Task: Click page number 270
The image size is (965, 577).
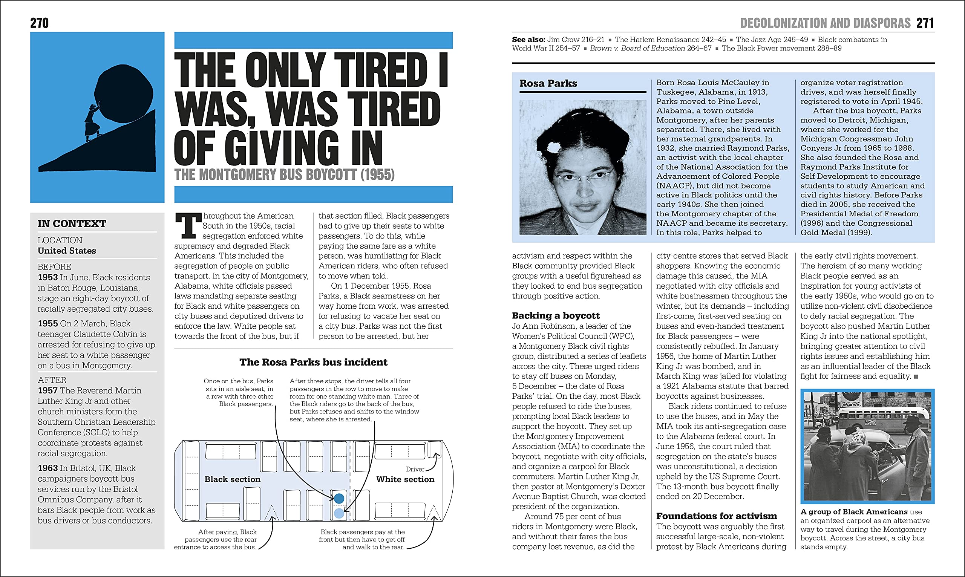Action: coord(39,23)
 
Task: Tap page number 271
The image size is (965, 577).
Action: coord(925,23)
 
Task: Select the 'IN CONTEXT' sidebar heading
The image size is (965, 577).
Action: coord(72,223)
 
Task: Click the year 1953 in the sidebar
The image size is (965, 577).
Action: coord(48,277)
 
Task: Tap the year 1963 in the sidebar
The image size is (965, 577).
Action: coord(48,468)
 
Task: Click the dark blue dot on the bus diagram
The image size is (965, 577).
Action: coord(339,498)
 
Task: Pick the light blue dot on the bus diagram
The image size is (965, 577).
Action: coord(339,513)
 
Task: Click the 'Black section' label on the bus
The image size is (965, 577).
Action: coord(233,479)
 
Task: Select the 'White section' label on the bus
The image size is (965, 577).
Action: coord(405,479)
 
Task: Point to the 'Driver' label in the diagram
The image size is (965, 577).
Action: coord(415,469)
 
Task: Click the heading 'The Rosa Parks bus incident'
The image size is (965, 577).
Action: coord(313,362)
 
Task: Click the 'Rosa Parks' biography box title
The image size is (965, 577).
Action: coord(548,83)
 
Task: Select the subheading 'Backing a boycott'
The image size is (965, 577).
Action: coord(556,315)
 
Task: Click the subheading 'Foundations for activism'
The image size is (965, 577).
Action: coord(716,516)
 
